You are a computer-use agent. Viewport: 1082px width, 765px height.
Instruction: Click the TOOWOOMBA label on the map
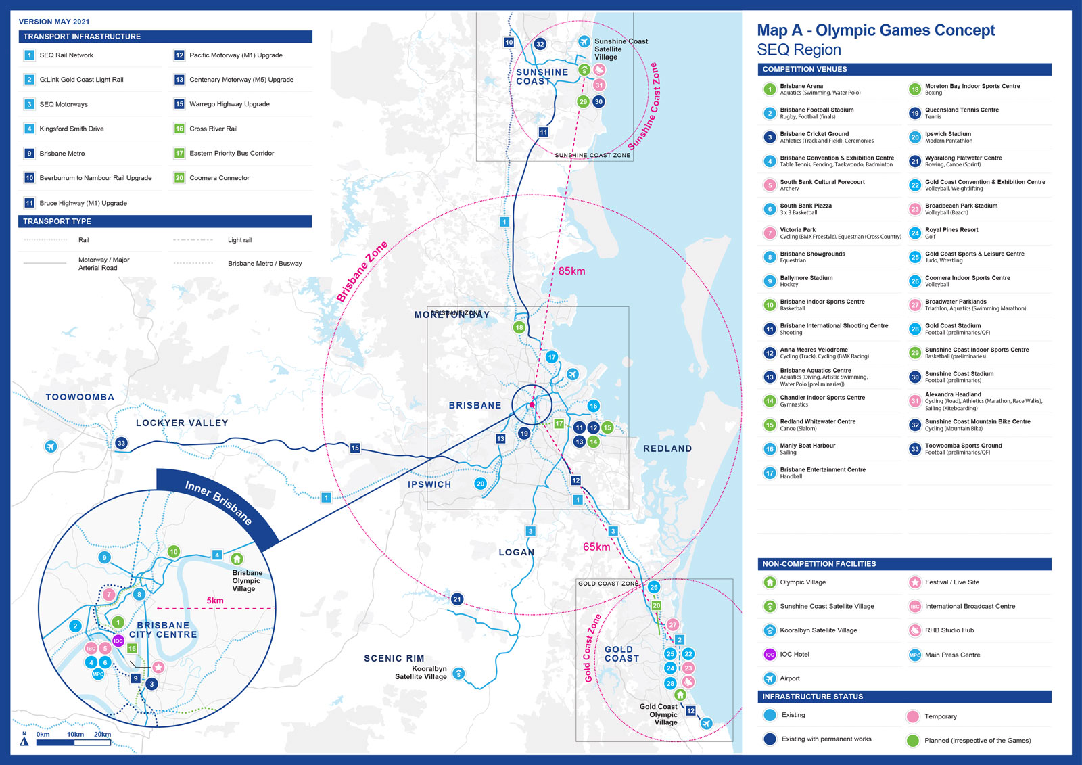point(80,397)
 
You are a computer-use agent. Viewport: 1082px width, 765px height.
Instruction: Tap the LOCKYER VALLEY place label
point(182,423)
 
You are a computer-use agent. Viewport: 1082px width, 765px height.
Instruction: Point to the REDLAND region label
point(667,448)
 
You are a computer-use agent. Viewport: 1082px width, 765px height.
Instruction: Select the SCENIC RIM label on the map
point(394,658)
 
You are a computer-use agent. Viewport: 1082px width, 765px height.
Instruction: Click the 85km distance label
point(571,271)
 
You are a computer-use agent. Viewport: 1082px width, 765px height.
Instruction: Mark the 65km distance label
point(596,547)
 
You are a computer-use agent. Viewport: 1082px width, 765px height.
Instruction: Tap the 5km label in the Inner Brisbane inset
point(215,601)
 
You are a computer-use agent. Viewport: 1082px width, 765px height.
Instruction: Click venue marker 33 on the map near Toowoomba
point(121,444)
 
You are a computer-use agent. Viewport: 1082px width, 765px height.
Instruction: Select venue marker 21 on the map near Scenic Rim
point(457,599)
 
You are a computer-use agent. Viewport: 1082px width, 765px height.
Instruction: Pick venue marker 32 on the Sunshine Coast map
point(540,44)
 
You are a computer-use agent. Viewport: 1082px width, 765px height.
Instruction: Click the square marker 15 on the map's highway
point(355,448)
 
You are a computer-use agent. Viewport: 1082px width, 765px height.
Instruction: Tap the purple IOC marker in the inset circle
point(118,641)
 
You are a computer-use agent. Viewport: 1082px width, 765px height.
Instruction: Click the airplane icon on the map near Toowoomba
point(51,446)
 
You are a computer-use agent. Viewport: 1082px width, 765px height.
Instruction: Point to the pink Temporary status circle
point(913,716)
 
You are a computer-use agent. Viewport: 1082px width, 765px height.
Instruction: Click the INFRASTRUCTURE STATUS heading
point(813,697)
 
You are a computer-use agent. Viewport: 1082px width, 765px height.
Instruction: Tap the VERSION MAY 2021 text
point(54,22)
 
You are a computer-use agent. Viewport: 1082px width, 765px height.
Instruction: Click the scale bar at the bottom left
point(74,743)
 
